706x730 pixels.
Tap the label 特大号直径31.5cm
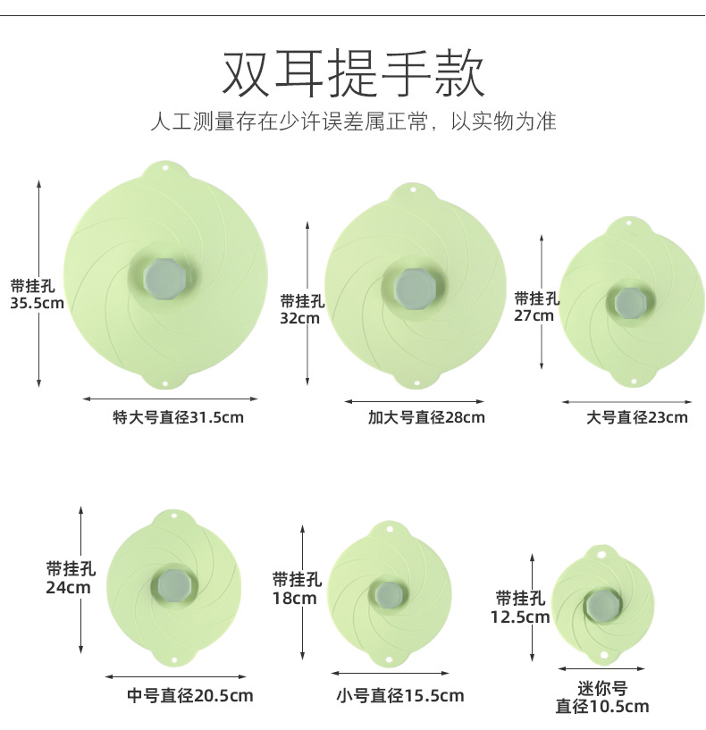click(x=178, y=416)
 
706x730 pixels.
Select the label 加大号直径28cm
click(x=426, y=417)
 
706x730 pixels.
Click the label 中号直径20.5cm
click(x=190, y=695)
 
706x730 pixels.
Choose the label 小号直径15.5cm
click(x=399, y=695)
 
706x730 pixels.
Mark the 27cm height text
click(x=534, y=315)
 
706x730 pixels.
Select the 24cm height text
click(x=69, y=587)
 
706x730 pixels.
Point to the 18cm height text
click(x=295, y=598)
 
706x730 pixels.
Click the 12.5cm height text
click(x=519, y=617)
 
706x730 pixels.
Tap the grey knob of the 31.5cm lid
click(x=164, y=276)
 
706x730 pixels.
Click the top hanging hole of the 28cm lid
click(x=413, y=190)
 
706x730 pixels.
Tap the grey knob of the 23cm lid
click(x=628, y=301)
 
